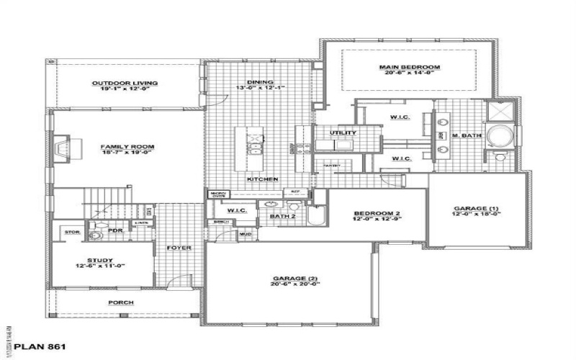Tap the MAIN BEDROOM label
(409, 67)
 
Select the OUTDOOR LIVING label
(125, 83)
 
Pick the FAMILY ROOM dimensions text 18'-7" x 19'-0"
(127, 153)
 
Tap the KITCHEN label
(263, 179)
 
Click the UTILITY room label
(343, 132)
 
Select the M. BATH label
(461, 135)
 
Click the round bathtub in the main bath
(498, 135)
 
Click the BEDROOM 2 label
(376, 214)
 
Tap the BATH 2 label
(284, 215)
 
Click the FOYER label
(179, 248)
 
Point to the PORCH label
(121, 302)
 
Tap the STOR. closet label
(71, 232)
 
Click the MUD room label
(245, 234)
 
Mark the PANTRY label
(331, 166)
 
